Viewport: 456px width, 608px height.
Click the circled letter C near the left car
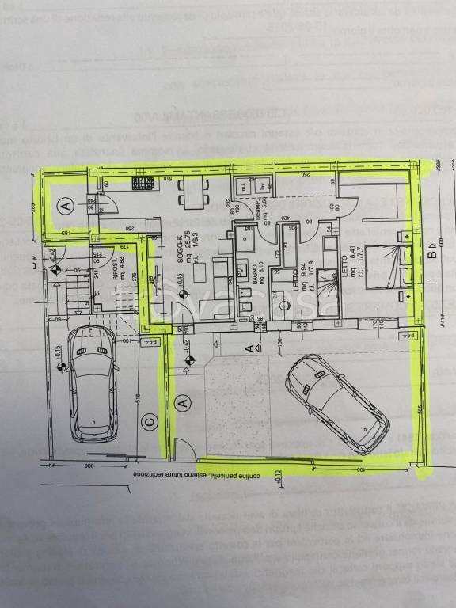tap(149, 422)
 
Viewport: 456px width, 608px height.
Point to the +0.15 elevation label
tap(59, 359)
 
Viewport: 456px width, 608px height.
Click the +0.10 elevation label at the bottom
tap(278, 477)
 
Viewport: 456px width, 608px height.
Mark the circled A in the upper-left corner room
tap(66, 205)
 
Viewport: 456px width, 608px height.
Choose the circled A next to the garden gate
tap(184, 403)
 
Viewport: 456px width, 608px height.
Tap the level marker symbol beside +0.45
tap(182, 294)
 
